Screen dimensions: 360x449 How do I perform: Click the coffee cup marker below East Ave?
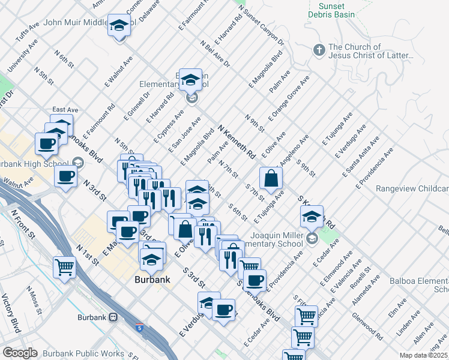tap(46, 144)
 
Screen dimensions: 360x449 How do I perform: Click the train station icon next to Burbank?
tap(112, 317)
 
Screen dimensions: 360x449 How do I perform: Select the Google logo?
tap(20, 353)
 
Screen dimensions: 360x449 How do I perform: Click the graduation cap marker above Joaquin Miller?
tap(311, 218)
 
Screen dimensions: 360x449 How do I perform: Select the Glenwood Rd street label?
tap(367, 325)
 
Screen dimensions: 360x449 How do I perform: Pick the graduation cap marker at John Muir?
tap(119, 26)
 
